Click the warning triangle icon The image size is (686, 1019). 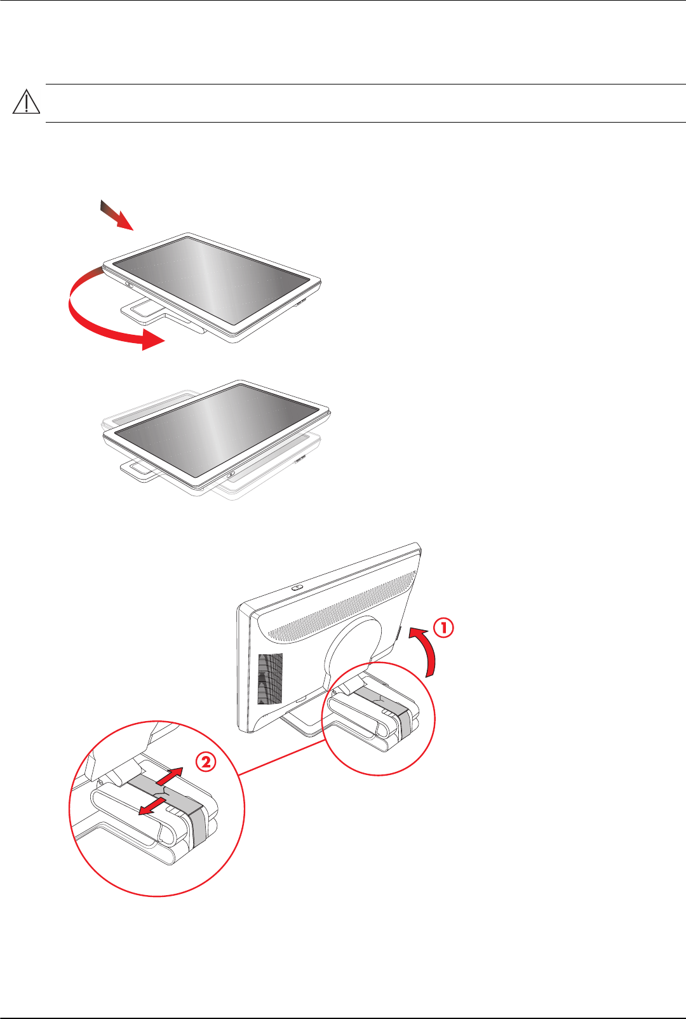tap(27, 102)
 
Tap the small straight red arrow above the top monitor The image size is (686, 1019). tap(116, 215)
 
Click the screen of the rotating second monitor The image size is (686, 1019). tap(217, 429)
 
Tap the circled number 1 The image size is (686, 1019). tap(443, 628)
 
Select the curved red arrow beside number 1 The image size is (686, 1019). tap(427, 651)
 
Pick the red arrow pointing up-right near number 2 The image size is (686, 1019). tap(169, 776)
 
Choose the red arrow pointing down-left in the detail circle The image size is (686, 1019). tap(152, 807)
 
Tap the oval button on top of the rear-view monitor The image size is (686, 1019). tap(297, 588)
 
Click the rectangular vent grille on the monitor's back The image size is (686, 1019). tap(270, 679)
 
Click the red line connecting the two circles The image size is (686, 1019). tap(282, 757)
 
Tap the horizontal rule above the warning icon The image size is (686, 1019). tap(366, 84)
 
